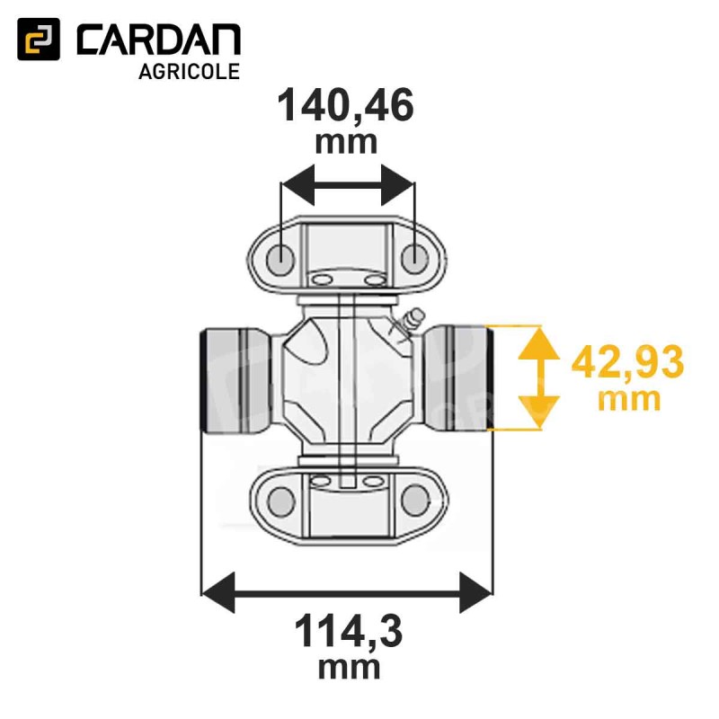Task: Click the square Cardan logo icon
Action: point(39,40)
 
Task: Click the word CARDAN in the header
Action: point(159,40)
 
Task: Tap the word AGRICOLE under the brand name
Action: point(190,72)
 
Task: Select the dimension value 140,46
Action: point(345,106)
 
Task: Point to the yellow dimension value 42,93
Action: point(627,361)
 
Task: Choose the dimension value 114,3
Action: point(349,632)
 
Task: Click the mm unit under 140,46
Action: point(346,143)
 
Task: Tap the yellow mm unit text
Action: point(629,400)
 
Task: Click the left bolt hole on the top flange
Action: point(280,260)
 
